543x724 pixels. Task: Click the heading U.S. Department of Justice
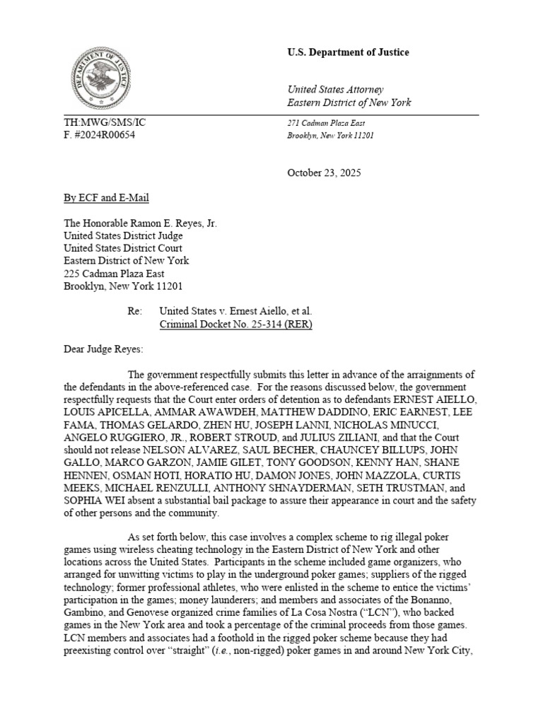point(347,52)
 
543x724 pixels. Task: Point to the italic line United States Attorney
point(335,89)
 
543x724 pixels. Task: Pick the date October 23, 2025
point(324,173)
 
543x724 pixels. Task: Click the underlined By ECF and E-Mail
point(106,198)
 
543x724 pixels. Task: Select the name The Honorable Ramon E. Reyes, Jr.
point(140,223)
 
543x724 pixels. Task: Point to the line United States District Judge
point(123,235)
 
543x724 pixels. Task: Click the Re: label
point(135,311)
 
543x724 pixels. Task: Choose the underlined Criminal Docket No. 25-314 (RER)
point(235,324)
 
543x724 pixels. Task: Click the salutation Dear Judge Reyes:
point(103,349)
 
